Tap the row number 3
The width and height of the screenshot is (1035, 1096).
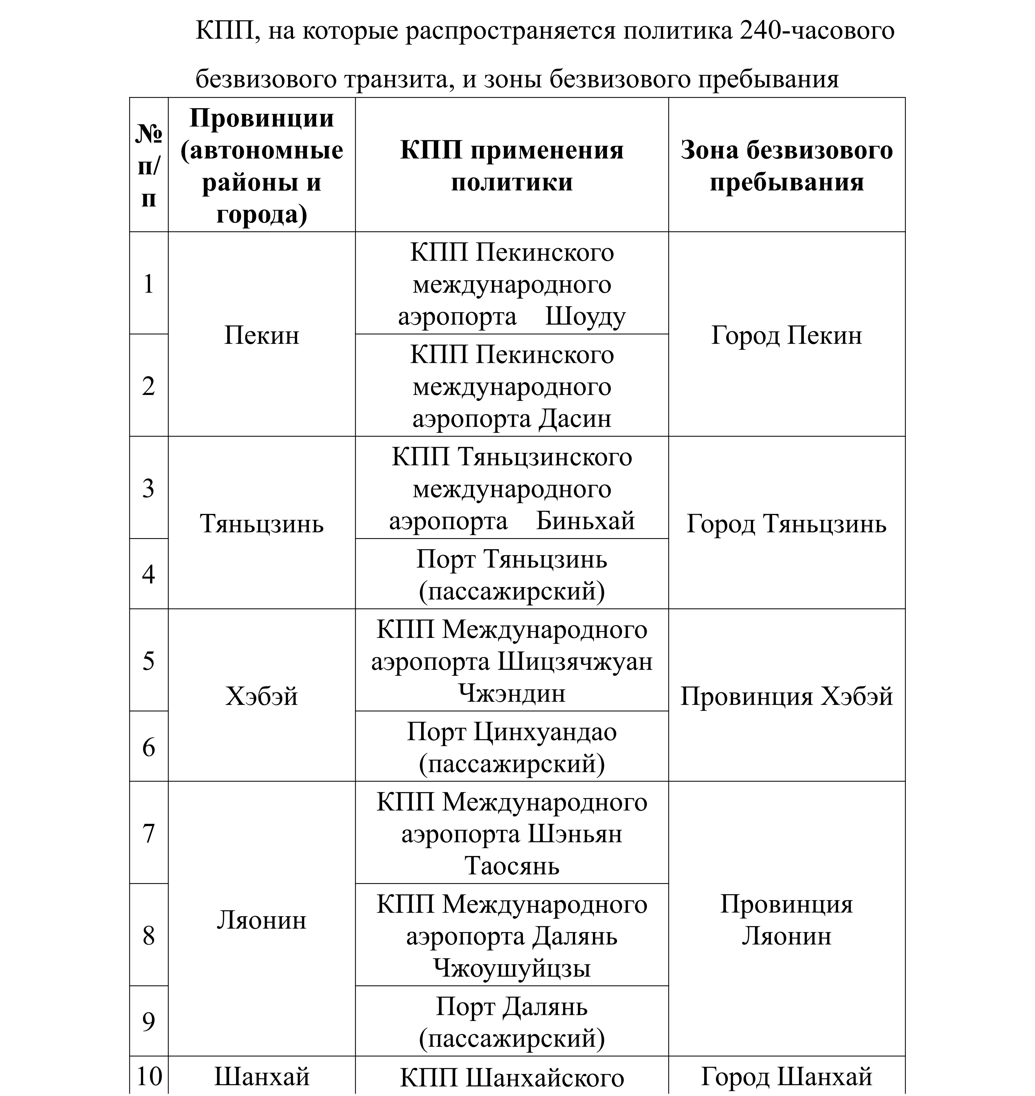coord(148,488)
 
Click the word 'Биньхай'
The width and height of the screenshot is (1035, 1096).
coord(585,520)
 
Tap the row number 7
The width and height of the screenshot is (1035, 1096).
coord(148,833)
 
